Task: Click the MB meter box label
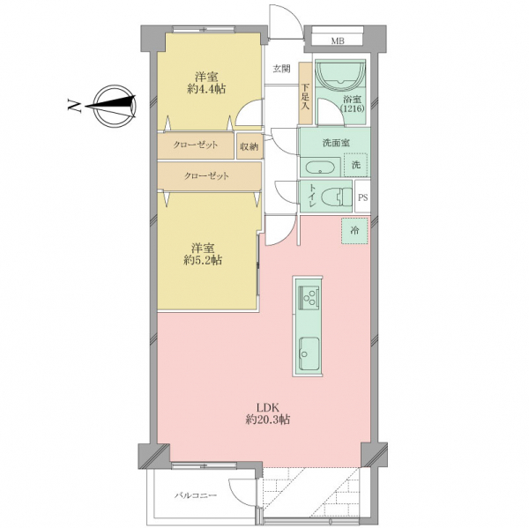tap(338, 41)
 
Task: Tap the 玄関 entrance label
tap(281, 69)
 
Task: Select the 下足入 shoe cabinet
tap(305, 93)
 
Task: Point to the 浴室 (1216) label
tap(352, 104)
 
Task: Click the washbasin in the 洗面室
tap(320, 167)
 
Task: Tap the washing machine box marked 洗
tap(355, 165)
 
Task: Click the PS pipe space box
tap(362, 197)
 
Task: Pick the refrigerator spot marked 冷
tap(354, 231)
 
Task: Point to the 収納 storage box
tap(249, 146)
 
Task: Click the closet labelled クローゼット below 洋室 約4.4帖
tap(196, 145)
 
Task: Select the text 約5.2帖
tap(203, 260)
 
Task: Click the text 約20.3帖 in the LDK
tap(267, 420)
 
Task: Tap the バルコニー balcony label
tap(196, 495)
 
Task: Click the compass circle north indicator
tap(115, 106)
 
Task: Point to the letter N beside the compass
tap(74, 106)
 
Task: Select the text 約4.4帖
tap(206, 89)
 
